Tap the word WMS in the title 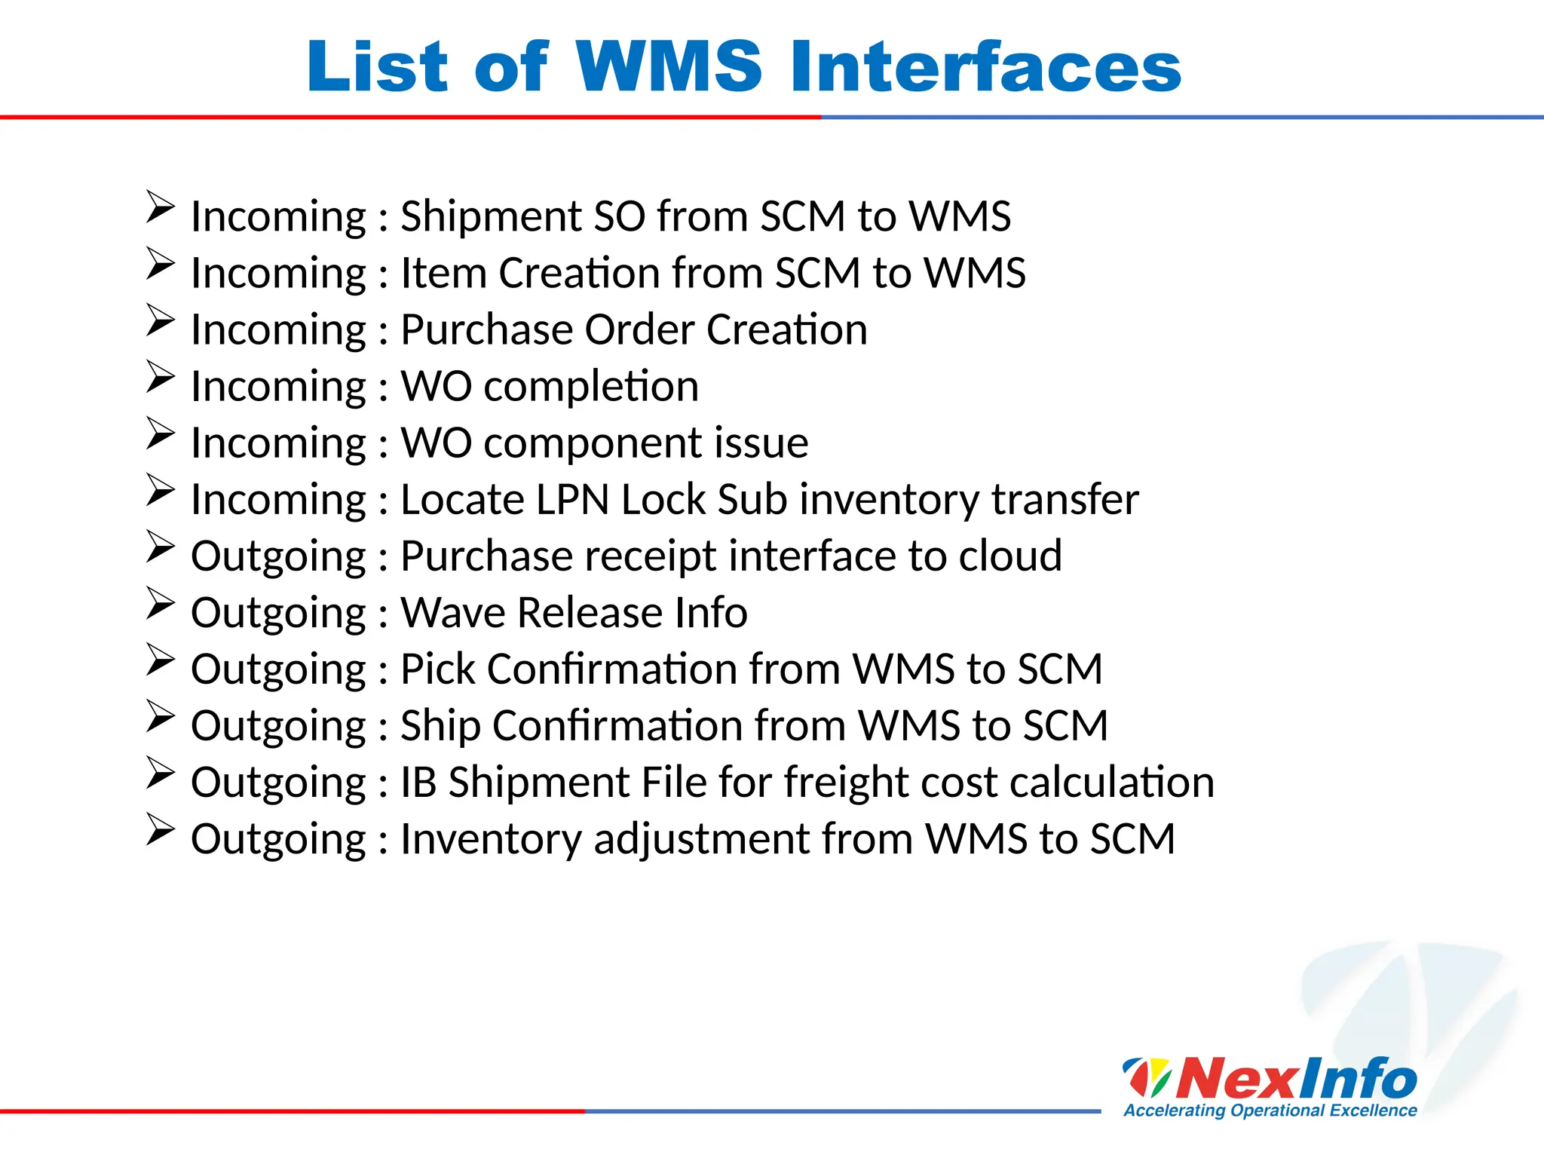point(669,67)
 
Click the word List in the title point(377,67)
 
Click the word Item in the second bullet point(443,273)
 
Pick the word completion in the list point(591,387)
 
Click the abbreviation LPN point(572,500)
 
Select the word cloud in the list point(1009,556)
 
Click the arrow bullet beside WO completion point(160,376)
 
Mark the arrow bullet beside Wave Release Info point(160,602)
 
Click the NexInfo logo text point(1295,1079)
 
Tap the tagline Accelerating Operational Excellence point(1270,1111)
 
